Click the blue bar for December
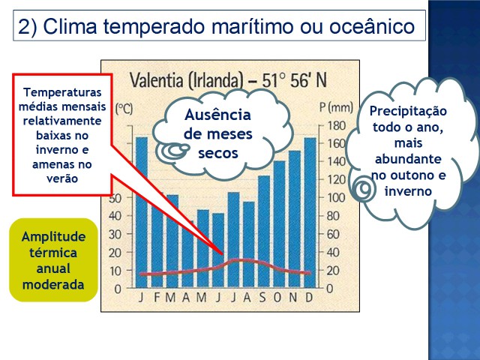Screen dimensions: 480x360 click(310, 212)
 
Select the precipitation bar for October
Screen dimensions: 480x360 click(279, 224)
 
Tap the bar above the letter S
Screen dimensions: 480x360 click(264, 232)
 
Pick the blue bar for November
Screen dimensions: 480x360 click(295, 219)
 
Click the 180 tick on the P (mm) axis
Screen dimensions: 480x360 click(337, 125)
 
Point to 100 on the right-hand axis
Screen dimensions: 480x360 click(337, 198)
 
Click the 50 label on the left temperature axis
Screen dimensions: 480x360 click(115, 198)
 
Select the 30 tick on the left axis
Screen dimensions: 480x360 click(115, 234)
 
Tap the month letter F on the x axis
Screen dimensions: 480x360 click(157, 297)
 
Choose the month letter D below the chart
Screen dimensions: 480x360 click(309, 297)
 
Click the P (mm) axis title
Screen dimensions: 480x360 click(336, 108)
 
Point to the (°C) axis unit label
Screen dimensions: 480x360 click(124, 109)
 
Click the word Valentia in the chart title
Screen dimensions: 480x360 click(157, 80)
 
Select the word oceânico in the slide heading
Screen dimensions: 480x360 click(372, 26)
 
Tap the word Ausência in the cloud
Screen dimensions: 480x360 click(217, 115)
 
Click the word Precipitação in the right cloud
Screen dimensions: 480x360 click(408, 112)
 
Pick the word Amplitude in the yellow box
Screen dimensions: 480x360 click(53, 237)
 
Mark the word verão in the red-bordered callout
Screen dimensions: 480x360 click(62, 178)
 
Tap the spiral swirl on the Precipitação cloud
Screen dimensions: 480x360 click(364, 189)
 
